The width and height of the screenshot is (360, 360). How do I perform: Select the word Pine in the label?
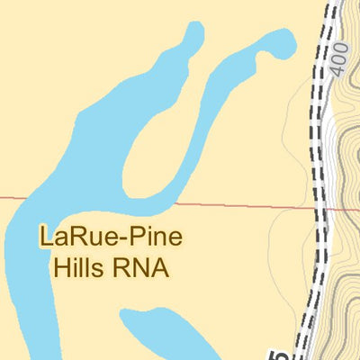pyautogui.click(x=153, y=238)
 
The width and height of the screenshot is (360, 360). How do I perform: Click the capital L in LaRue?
pyautogui.click(x=45, y=238)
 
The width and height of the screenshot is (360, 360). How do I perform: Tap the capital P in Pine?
pyautogui.click(x=132, y=238)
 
